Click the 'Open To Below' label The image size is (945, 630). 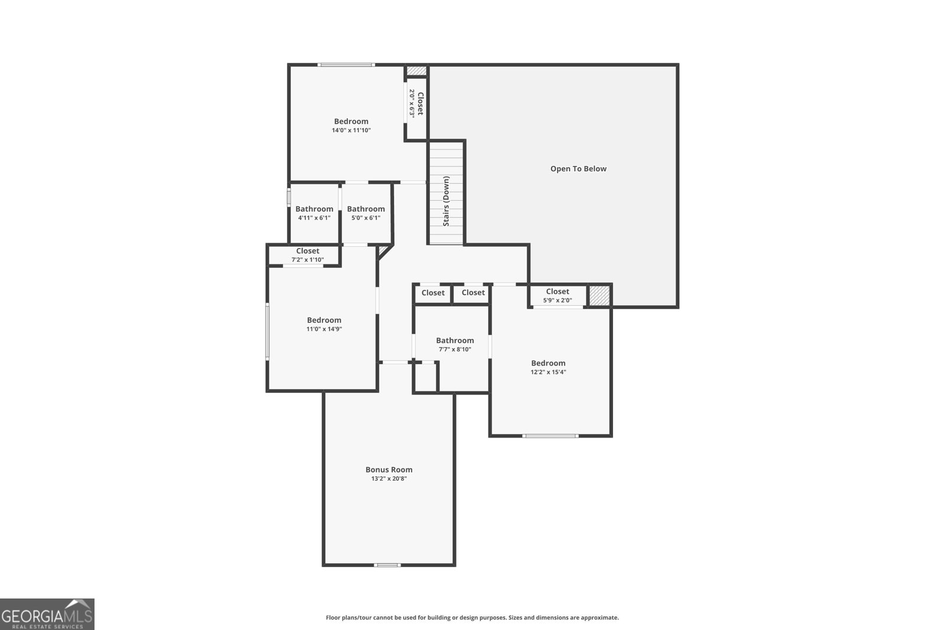(578, 169)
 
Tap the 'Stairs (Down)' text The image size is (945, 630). (446, 201)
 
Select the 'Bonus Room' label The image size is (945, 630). (389, 470)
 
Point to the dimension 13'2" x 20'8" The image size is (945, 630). (389, 479)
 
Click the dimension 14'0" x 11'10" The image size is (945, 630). (351, 130)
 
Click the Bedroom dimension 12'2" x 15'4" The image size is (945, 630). (548, 373)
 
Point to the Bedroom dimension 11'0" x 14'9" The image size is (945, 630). (324, 329)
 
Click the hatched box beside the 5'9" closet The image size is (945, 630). (599, 295)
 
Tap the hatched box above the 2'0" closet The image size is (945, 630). (416, 71)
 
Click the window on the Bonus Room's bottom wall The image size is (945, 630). (387, 565)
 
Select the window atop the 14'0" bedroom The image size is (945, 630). (346, 65)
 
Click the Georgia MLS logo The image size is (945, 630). (47, 614)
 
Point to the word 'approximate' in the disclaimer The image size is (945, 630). (599, 618)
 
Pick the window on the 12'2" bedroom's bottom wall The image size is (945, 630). (550, 436)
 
